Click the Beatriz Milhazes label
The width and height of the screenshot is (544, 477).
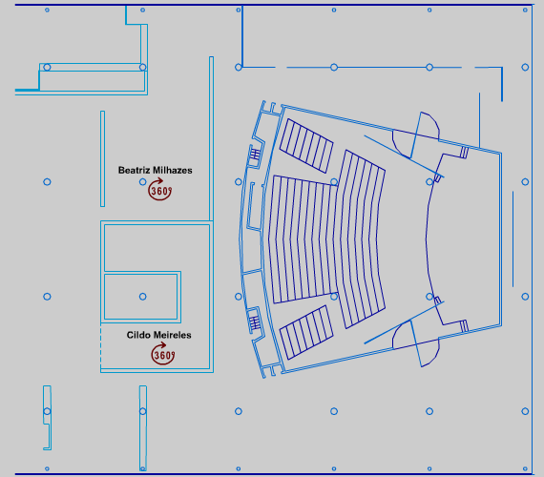click(x=155, y=171)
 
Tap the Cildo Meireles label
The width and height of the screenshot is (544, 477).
click(x=158, y=335)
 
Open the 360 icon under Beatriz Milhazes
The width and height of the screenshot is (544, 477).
click(x=160, y=190)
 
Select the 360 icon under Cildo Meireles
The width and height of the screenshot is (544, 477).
click(x=162, y=354)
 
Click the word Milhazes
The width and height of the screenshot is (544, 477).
click(x=173, y=171)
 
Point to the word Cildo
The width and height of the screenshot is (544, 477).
click(x=136, y=335)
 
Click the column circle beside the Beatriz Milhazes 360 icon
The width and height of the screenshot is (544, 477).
click(x=142, y=182)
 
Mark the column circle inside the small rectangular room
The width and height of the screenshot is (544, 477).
click(x=142, y=297)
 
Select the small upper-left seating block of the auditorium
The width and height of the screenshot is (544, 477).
click(x=306, y=146)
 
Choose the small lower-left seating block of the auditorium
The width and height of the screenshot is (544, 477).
click(x=306, y=332)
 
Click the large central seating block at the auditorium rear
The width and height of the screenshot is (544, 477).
click(x=303, y=239)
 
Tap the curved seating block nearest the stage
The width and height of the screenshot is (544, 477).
click(x=363, y=239)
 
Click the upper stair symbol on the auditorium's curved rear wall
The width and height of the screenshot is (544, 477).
click(x=255, y=154)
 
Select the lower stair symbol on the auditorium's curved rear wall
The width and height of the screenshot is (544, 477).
click(x=255, y=323)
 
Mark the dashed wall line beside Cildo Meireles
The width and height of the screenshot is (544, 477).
click(x=101, y=347)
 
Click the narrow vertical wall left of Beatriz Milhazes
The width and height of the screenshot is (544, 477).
click(x=102, y=159)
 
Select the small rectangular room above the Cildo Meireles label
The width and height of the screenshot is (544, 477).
click(x=142, y=297)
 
